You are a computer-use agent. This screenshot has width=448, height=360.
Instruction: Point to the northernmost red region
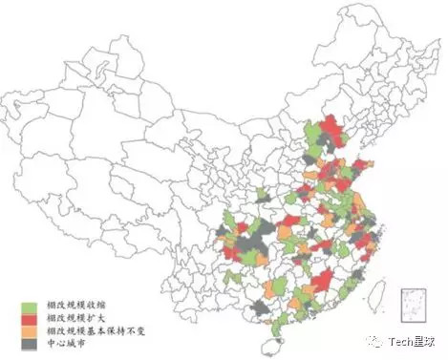pyautogui.click(x=331, y=125)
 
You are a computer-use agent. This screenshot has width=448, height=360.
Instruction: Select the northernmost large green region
pyautogui.click(x=313, y=134)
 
